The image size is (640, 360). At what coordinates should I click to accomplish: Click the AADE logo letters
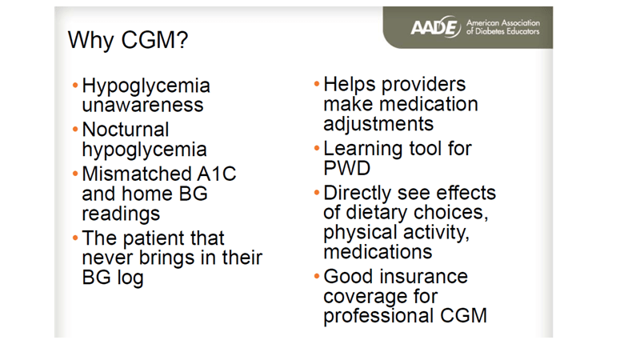click(435, 27)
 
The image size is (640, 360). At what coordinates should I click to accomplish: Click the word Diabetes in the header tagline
click(490, 31)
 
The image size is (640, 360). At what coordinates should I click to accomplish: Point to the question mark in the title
click(182, 40)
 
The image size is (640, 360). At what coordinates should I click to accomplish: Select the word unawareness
click(142, 105)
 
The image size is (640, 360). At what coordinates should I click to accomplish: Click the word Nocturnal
click(126, 130)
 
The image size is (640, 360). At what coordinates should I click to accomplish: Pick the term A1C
click(216, 174)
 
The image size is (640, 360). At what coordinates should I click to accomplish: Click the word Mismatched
click(137, 174)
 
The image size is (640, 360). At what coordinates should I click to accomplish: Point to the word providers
click(423, 85)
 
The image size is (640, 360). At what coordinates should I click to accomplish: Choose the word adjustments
click(378, 124)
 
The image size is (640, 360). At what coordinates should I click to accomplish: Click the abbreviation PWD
click(346, 168)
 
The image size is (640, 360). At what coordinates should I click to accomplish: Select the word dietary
click(377, 213)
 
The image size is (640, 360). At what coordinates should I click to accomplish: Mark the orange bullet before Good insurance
click(317, 276)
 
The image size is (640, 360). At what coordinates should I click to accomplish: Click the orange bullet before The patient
click(75, 238)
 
